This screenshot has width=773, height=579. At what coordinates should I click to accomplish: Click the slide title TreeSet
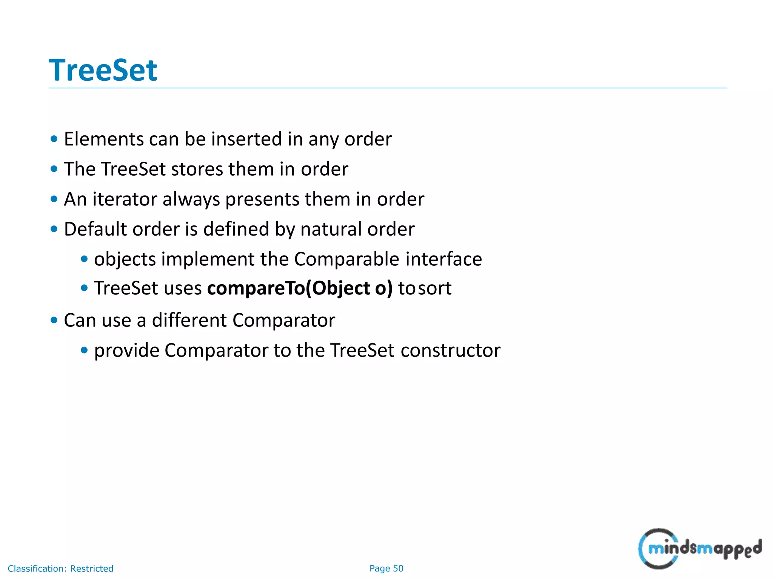[x=103, y=70]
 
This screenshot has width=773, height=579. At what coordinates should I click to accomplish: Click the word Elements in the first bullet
[x=103, y=139]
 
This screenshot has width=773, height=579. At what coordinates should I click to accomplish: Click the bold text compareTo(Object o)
[x=300, y=289]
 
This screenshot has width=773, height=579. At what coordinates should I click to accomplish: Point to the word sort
[x=434, y=289]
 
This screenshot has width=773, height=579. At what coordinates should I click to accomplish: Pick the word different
[x=189, y=320]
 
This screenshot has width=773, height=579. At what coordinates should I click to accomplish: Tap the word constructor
[x=450, y=351]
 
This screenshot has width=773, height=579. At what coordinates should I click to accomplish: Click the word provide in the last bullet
[x=127, y=351]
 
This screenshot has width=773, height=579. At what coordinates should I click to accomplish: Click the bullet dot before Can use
[x=54, y=320]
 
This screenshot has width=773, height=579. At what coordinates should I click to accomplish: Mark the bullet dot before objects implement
[x=84, y=259]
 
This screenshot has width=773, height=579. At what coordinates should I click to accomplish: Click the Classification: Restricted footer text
[x=60, y=568]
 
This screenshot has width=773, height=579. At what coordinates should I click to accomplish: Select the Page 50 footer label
[x=386, y=568]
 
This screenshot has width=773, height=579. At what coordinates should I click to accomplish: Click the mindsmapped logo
[x=699, y=549]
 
